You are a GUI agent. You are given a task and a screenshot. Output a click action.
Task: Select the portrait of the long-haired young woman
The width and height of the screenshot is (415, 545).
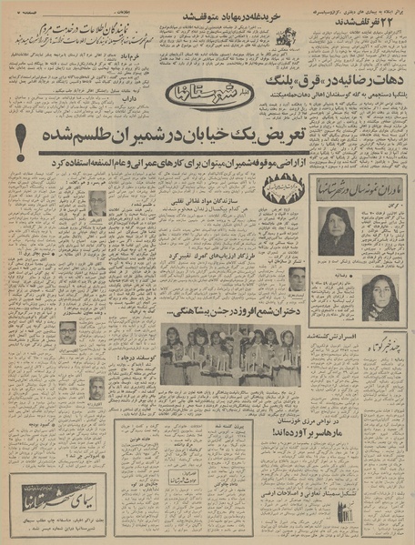point(379,298)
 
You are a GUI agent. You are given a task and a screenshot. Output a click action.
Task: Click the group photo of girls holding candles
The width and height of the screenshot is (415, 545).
point(229,356)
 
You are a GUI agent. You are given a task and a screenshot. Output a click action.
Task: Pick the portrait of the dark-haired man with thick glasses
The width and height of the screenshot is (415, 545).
point(69,333)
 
